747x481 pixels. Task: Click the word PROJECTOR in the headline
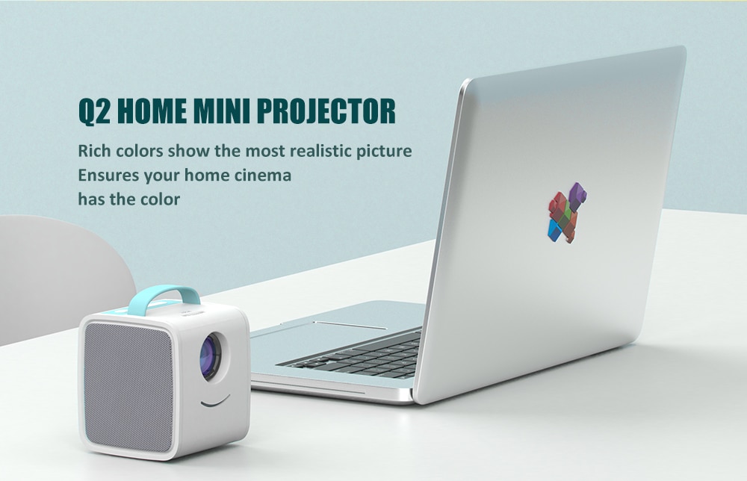tap(326, 111)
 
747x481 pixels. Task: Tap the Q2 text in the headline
tap(95, 111)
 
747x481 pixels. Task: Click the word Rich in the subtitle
tap(94, 151)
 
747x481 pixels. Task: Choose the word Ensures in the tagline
tap(108, 176)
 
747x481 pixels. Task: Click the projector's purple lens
tap(210, 356)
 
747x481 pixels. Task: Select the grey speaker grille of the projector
tap(128, 388)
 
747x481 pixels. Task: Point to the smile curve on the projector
tap(216, 402)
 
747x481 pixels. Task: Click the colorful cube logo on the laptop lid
tap(567, 213)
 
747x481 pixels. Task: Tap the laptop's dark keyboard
tap(356, 356)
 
